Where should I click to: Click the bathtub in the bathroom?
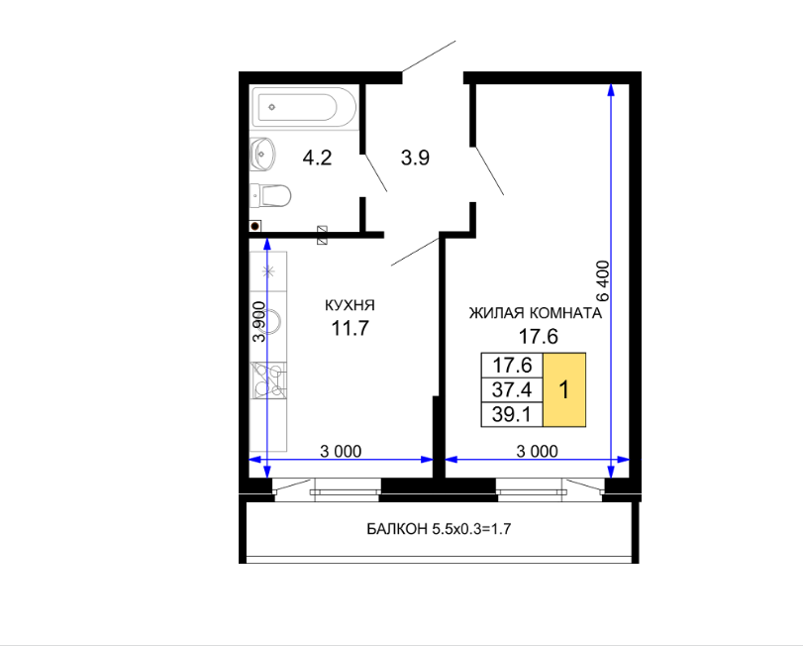[305, 107]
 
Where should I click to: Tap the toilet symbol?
[271, 196]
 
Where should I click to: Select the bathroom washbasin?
[262, 154]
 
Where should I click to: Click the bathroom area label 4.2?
[318, 158]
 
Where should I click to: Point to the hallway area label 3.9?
[415, 158]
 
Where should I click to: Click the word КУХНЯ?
[350, 305]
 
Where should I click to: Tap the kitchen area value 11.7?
[351, 328]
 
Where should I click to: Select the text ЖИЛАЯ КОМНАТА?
[536, 313]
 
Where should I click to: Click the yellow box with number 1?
[564, 389]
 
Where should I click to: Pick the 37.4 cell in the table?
[512, 389]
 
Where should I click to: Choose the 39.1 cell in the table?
[512, 414]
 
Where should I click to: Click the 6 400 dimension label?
[603, 281]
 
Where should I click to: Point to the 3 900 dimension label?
[259, 322]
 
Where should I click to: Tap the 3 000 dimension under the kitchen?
[341, 452]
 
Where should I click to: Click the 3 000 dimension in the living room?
[538, 452]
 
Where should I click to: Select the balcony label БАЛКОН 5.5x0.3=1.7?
[439, 529]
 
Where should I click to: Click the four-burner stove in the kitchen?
[268, 380]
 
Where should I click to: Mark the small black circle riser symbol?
[255, 226]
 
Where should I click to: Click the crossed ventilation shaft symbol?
[322, 235]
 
